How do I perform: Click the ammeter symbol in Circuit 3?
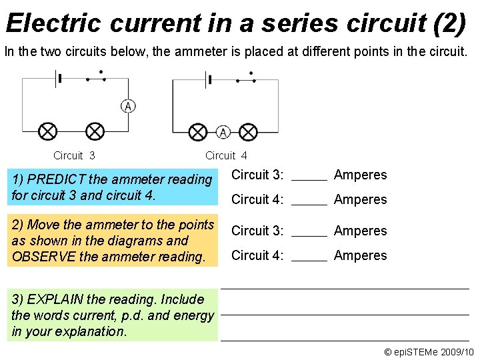128,106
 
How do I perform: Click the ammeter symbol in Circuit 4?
223,132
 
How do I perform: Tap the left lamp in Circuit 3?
47,131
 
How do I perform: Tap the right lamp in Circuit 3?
95,131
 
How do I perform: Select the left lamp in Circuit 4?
198,132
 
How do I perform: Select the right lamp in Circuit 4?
248,132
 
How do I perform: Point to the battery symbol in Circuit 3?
58,79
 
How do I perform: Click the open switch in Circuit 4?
246,79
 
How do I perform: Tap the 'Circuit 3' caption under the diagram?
74,156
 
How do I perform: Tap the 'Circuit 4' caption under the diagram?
226,156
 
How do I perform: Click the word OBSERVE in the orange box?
40,257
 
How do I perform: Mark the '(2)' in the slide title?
449,23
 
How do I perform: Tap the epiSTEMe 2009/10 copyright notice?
429,351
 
